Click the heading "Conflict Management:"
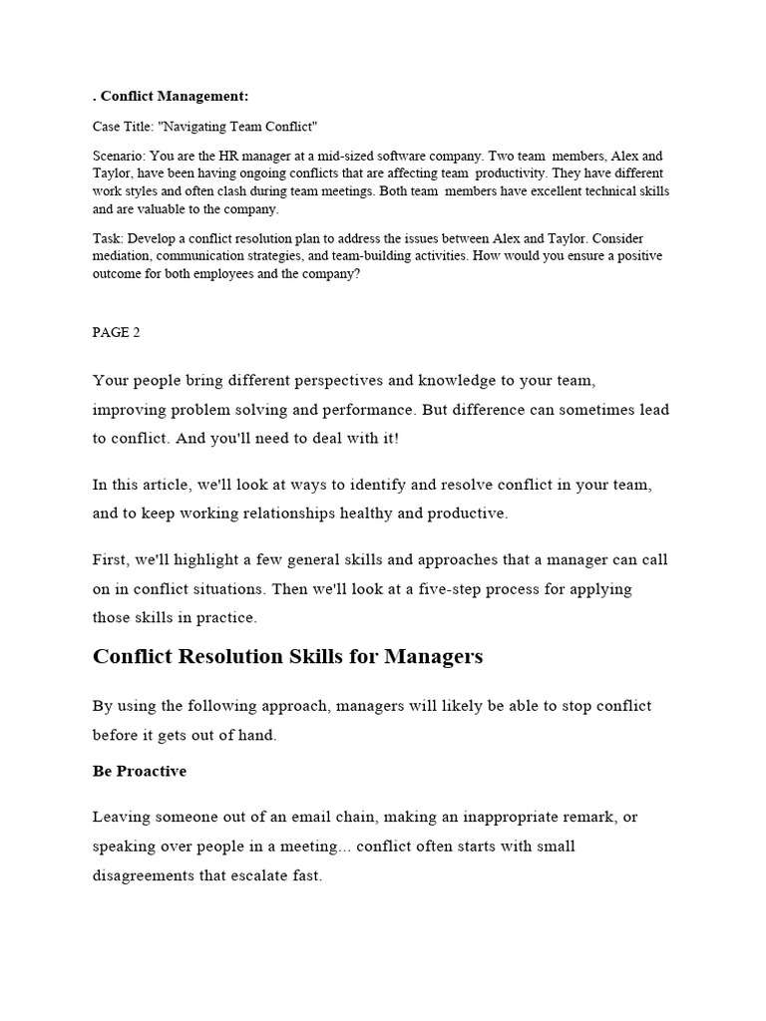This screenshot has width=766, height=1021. (176, 96)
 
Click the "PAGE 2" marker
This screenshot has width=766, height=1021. (117, 332)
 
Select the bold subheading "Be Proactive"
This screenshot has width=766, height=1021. (140, 772)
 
